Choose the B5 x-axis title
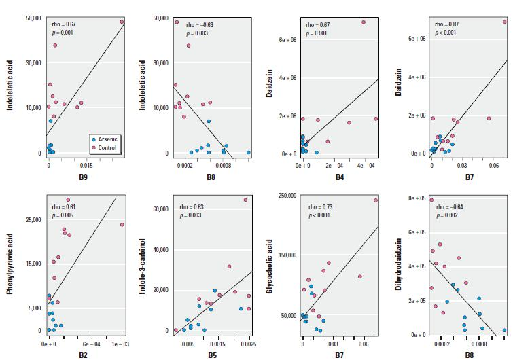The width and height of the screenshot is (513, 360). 212,354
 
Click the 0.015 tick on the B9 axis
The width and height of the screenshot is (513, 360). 85,165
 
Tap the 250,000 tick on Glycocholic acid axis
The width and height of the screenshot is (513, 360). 283,196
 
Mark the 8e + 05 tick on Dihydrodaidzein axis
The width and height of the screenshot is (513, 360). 414,198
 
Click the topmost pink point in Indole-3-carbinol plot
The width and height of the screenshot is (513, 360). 246,200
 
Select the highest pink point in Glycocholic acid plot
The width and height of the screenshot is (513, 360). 375,200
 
